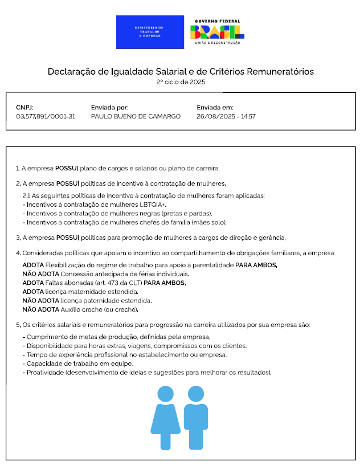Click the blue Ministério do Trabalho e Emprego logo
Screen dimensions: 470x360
[x=150, y=32]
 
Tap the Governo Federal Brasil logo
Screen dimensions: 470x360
[x=216, y=31]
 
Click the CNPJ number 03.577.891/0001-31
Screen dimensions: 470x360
[x=46, y=116]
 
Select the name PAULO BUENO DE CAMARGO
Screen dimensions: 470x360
[x=136, y=116]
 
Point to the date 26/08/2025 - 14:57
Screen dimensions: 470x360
[x=226, y=116]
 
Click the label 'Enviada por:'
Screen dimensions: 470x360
[x=109, y=107]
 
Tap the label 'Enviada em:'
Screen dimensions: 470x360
[x=215, y=107]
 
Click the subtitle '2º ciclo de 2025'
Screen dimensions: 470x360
[x=180, y=82]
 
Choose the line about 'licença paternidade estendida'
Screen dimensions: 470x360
[x=87, y=300]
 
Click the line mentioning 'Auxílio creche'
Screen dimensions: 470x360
[x=80, y=309]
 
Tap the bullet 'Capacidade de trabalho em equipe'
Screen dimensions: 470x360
[x=78, y=363]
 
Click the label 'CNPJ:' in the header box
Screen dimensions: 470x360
[x=25, y=107]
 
